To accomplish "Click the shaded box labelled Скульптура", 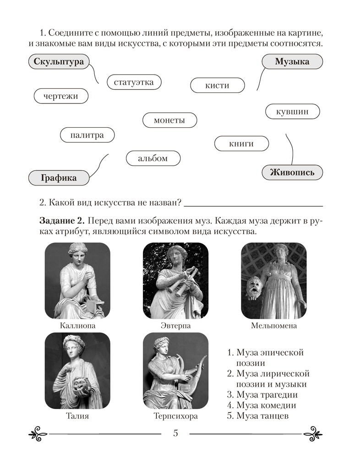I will pos(58,62).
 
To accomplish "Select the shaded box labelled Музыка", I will pos(292,61).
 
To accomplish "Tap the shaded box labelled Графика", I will pos(58,178).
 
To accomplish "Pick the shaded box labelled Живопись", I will pos(292,172).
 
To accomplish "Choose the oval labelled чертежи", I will pos(61,96).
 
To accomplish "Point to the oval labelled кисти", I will pos(217,85).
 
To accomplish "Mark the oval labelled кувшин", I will pos(292,111).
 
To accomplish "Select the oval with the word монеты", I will pos(169,120).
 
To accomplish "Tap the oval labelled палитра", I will pos(87,135).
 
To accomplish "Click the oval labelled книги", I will pos(241,144).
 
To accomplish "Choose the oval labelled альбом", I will pos(153,158).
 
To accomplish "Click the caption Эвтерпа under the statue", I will pos(175,326).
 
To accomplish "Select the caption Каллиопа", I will pos(77,326).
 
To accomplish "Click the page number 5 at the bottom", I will pos(175,433).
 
